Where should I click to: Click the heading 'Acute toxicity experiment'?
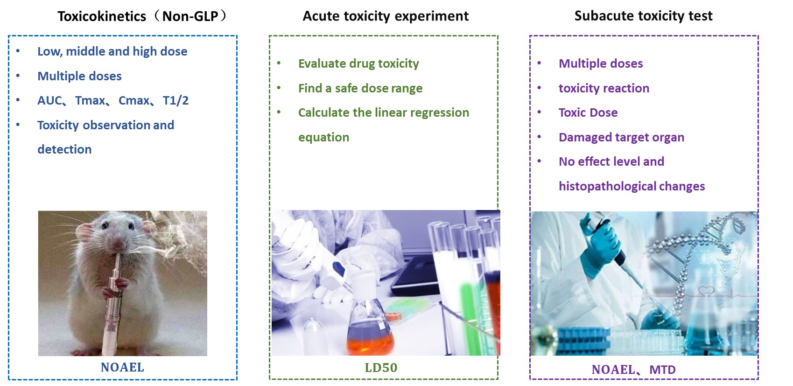(x=386, y=16)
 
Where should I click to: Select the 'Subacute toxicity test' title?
(x=643, y=16)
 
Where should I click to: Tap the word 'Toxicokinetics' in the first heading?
(x=102, y=16)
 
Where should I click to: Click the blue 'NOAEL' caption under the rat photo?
(x=122, y=367)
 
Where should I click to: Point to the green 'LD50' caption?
(x=381, y=368)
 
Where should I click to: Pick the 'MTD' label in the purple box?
(x=662, y=370)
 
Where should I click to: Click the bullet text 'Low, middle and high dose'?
(x=112, y=52)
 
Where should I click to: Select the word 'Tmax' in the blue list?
(x=90, y=100)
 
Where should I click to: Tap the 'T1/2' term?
(x=175, y=100)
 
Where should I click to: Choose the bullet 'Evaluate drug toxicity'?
(x=358, y=64)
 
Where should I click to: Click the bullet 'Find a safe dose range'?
(x=360, y=88)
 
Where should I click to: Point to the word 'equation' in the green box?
(x=323, y=137)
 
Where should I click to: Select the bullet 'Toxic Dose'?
(x=588, y=112)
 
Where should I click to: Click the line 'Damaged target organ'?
(x=621, y=137)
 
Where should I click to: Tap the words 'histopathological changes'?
(x=632, y=186)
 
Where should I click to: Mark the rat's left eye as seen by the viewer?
(x=105, y=225)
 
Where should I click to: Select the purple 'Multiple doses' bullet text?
(x=601, y=64)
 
